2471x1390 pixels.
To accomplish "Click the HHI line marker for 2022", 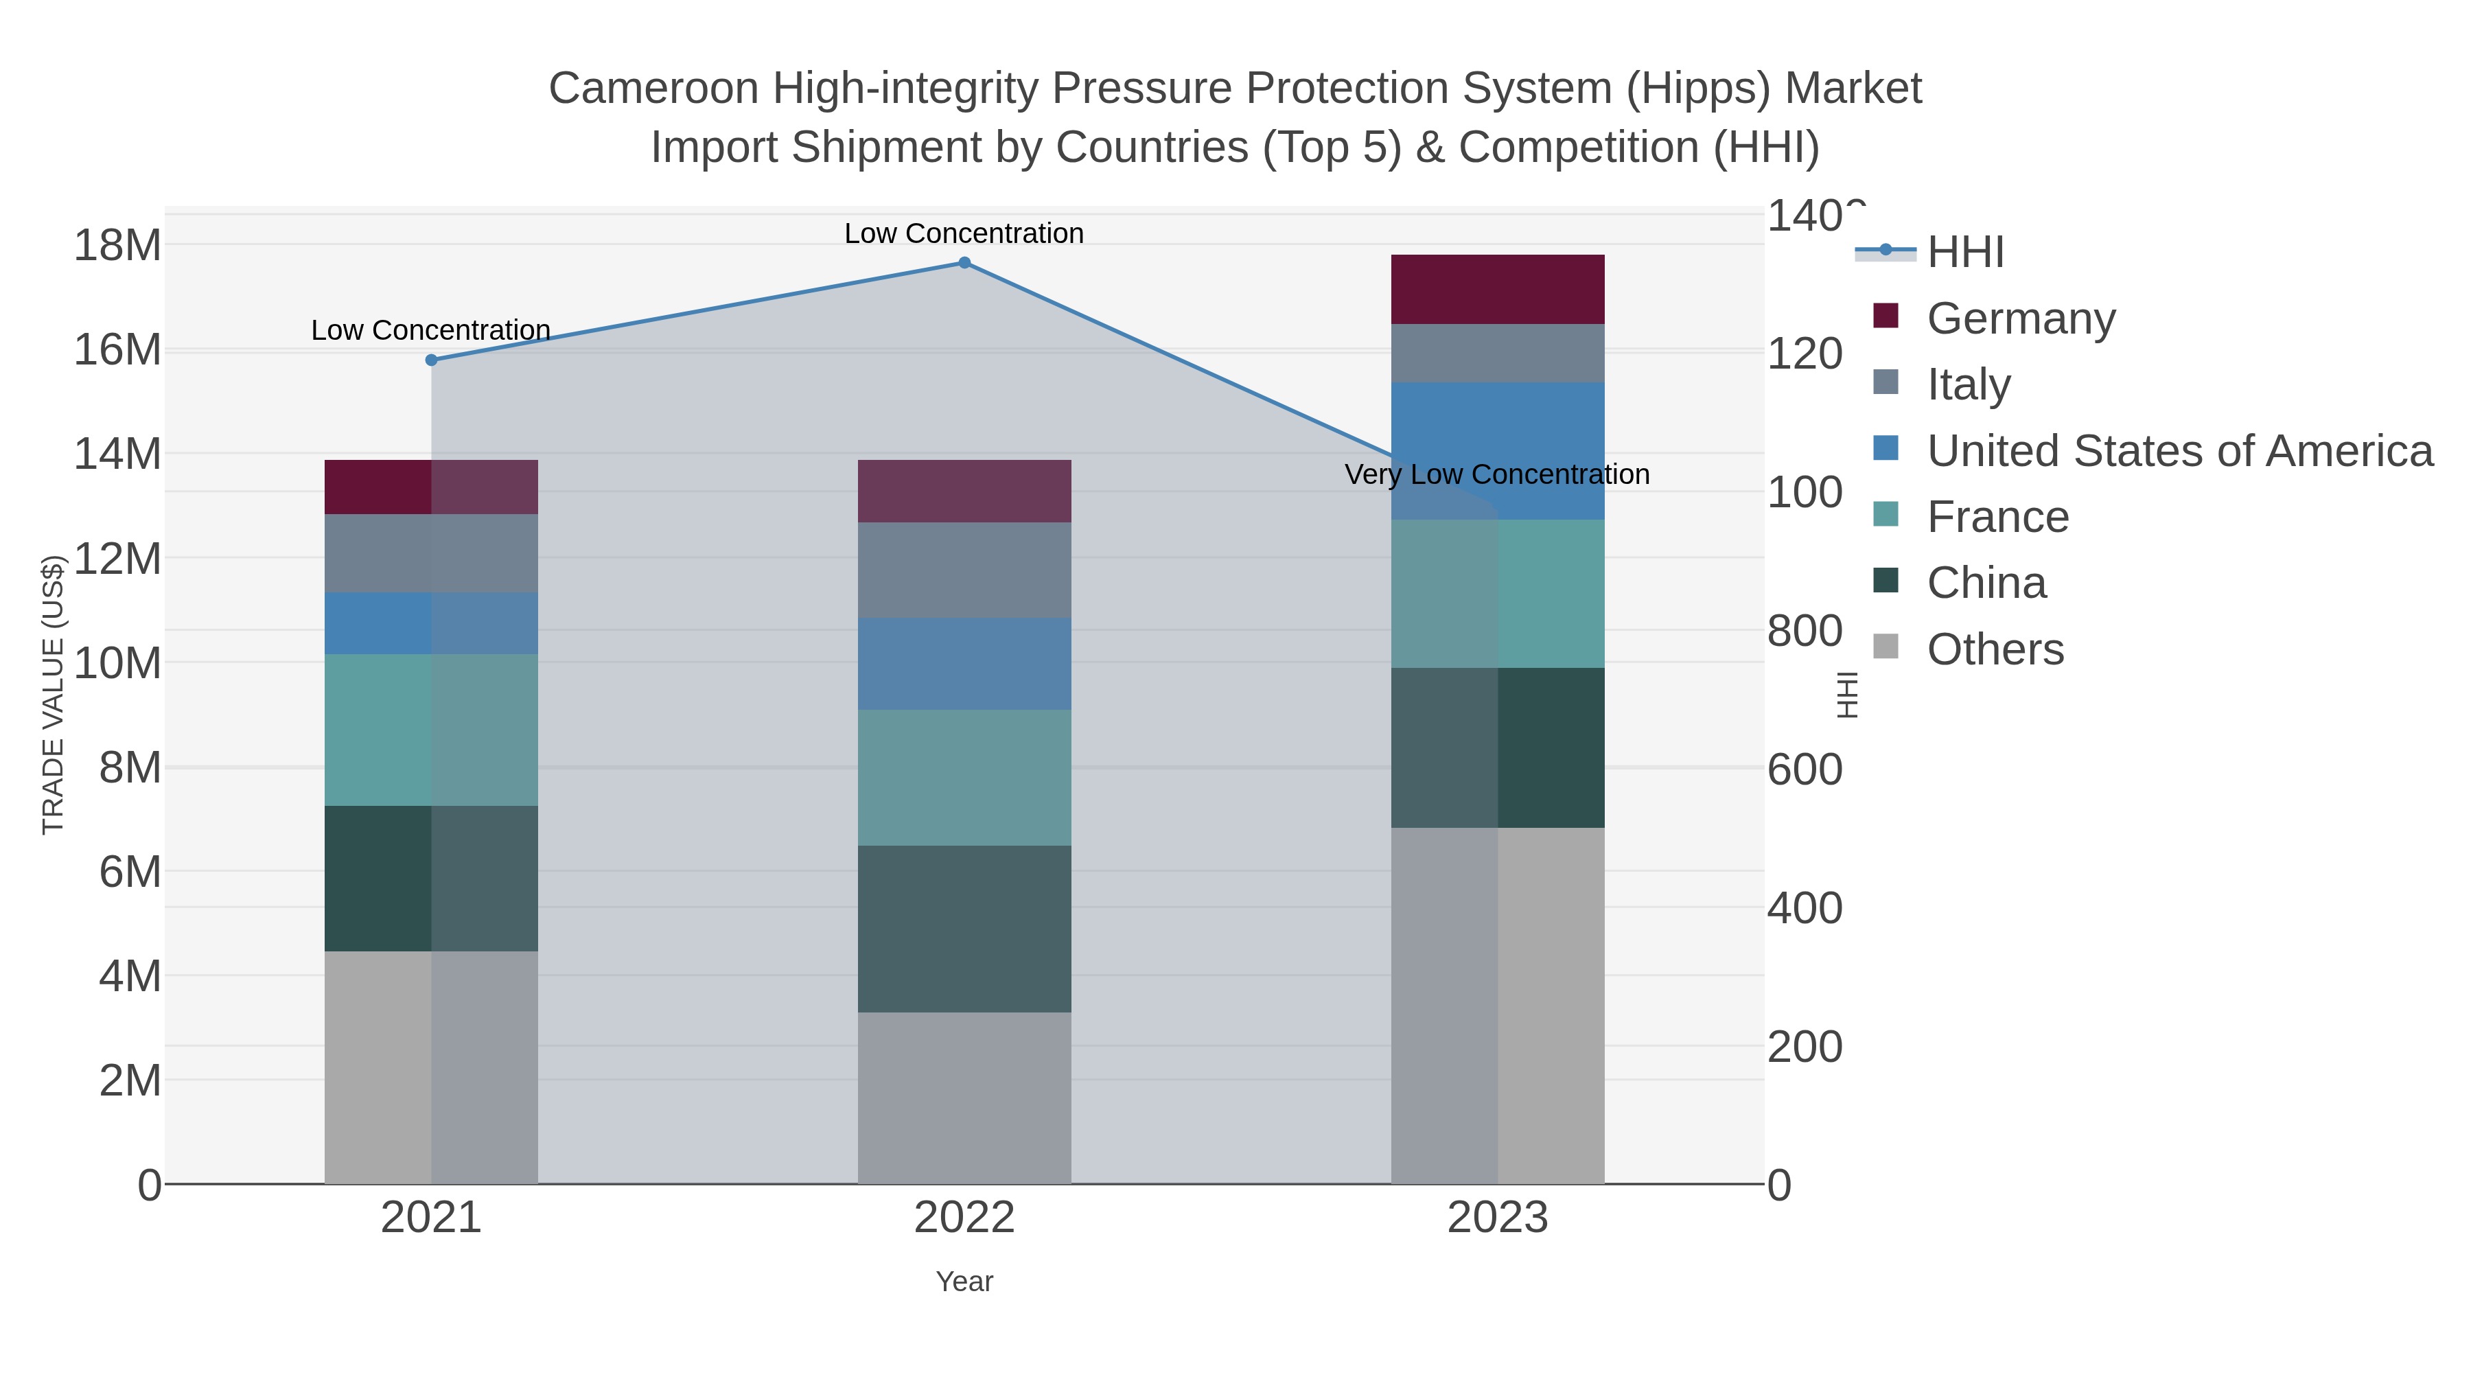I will coord(964,263).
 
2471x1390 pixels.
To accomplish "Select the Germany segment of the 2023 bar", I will coord(1498,289).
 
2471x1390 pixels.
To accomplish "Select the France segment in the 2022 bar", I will coord(964,777).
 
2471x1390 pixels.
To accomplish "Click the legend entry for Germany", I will coord(2020,318).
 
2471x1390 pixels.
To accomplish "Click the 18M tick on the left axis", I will coord(117,246).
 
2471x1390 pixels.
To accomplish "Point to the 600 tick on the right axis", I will coord(1805,769).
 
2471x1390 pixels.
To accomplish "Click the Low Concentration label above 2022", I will coord(964,233).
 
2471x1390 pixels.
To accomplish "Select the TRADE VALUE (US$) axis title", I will coord(53,695).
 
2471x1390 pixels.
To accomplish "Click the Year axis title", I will coord(964,1281).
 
